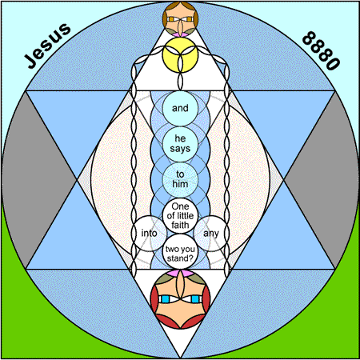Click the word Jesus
pyautogui.click(x=47, y=46)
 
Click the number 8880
pyautogui.click(x=322, y=50)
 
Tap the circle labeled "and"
pyautogui.click(x=180, y=108)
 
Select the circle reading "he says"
pyautogui.click(x=180, y=144)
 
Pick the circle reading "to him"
pyautogui.click(x=180, y=180)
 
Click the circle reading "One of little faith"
pyautogui.click(x=180, y=216)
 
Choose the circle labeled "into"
pyautogui.click(x=149, y=234)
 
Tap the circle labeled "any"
pyautogui.click(x=211, y=234)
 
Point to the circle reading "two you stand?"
pyautogui.click(x=180, y=251)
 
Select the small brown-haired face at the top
pyautogui.click(x=180, y=18)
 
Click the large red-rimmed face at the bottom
pyautogui.click(x=180, y=299)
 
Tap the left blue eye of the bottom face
pyautogui.click(x=166, y=299)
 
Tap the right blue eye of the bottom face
pyautogui.click(x=195, y=299)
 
